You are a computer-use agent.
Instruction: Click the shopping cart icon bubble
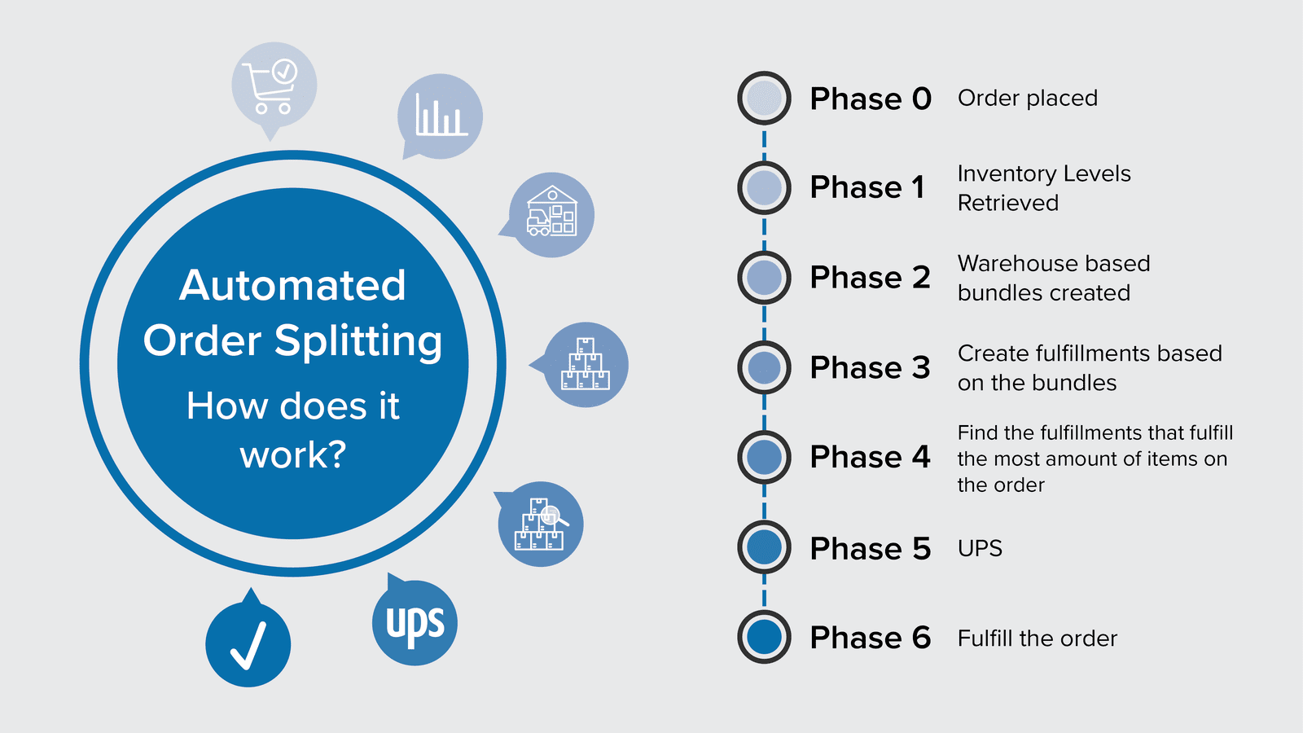274,85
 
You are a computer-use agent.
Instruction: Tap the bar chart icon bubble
440,116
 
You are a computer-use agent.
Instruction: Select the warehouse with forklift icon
551,214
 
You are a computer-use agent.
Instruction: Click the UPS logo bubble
415,624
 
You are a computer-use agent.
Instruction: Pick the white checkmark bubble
248,644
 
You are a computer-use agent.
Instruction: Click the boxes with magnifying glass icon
541,525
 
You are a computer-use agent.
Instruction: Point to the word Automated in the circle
292,285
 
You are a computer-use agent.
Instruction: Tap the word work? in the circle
292,454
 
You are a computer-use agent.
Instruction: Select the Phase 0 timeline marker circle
764,98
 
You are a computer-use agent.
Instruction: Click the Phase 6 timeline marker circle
764,637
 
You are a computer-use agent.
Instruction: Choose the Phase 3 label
870,367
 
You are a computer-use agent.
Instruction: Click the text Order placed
1027,99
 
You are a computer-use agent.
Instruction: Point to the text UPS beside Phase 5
980,548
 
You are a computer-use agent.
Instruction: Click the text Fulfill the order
1037,639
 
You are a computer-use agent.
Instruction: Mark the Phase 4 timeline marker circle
764,457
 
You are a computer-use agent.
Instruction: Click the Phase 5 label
870,548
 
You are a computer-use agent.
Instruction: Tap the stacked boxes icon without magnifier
586,364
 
